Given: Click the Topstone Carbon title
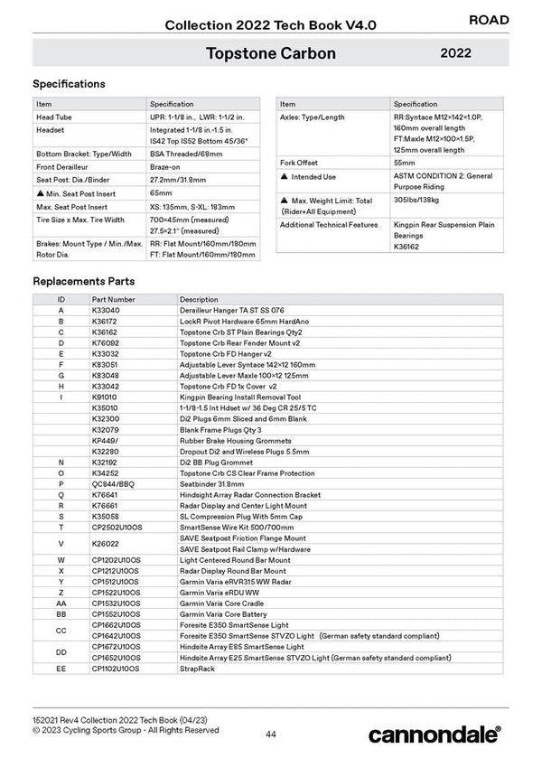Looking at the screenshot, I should point(270,53).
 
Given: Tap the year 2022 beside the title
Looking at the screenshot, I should point(455,53).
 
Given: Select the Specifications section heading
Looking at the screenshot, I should point(69,84).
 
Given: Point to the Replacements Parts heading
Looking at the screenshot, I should point(84,281).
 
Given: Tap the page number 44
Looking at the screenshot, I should point(271,734).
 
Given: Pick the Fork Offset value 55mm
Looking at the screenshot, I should point(407,162).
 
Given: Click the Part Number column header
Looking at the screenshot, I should point(113,299).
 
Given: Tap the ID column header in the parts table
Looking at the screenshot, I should point(61,299).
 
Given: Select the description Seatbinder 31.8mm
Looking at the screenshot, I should point(213,483).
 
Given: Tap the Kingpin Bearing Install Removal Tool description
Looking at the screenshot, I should point(239,397).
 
